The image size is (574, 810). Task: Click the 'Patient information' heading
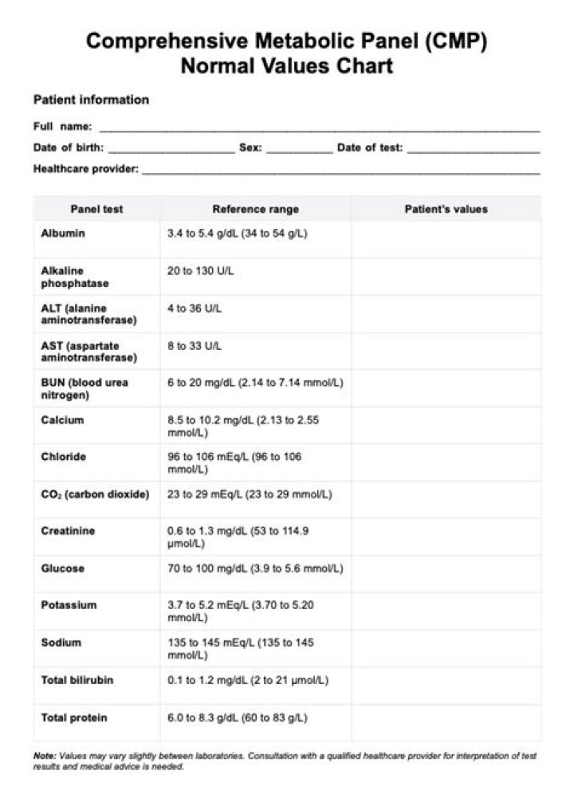coord(91,100)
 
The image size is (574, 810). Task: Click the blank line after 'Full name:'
coord(319,128)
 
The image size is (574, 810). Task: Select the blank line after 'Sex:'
coord(299,150)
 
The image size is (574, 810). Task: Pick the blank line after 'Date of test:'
coord(473,150)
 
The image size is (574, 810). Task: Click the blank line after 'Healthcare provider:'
coord(340,171)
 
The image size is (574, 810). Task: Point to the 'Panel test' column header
coord(96,209)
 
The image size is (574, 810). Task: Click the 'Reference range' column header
coord(255,209)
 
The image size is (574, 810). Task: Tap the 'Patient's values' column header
coord(446,209)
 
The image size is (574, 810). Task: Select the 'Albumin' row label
coord(63,234)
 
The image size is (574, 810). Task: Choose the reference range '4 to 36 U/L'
coord(195,309)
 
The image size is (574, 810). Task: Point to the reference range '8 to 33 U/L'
coord(195,346)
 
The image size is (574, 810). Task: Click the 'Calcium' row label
coord(62,420)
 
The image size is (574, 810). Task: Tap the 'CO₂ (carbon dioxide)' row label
coord(95,494)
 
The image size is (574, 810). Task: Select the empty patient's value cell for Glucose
coord(446,574)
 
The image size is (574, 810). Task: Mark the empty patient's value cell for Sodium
coord(446,648)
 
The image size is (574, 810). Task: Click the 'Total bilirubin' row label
coord(77,680)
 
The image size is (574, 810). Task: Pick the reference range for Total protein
coord(237,718)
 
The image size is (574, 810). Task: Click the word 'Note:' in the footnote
coord(45,755)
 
